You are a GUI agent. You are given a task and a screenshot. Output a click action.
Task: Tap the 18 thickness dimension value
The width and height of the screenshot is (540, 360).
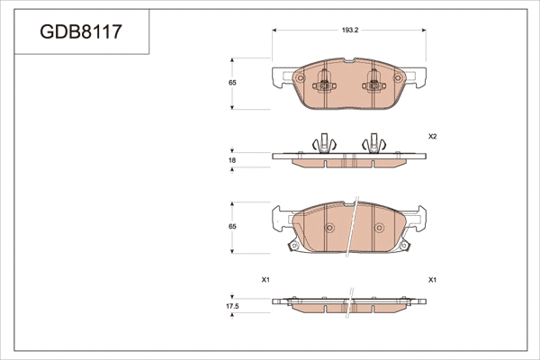point(232,160)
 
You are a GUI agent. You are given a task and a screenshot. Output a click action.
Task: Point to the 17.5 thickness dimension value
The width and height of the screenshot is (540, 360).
point(232,307)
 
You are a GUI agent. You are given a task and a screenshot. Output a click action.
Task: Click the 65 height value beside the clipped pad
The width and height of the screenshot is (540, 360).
point(232,83)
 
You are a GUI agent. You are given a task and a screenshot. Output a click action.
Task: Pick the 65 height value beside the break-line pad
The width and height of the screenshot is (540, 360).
point(232,227)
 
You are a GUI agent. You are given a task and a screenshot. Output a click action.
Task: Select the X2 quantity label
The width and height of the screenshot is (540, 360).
point(432,137)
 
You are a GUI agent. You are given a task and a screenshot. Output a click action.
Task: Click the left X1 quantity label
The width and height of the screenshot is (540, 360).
point(265,280)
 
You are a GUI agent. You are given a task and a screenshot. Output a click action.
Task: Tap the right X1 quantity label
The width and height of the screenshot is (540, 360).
point(432,280)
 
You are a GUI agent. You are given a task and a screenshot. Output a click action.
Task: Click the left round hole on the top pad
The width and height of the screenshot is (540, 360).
point(299,79)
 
